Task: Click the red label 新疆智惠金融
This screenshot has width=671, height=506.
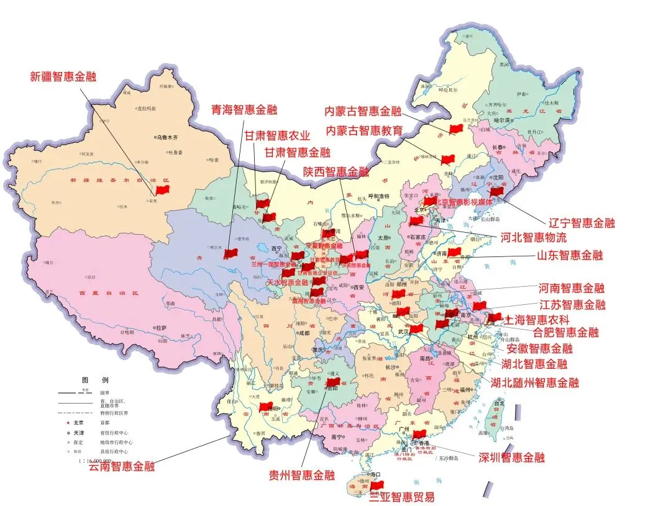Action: (63, 77)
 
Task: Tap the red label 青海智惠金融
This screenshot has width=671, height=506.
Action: (244, 111)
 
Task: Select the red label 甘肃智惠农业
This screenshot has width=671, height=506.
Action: (276, 135)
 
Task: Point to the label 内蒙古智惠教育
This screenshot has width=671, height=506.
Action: (365, 130)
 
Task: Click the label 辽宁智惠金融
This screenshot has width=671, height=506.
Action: (582, 223)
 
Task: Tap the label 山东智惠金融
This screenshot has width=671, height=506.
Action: (570, 255)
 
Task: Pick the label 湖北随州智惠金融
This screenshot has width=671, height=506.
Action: (534, 382)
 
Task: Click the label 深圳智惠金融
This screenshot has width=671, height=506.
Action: (511, 458)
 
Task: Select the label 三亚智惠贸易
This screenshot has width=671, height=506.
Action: (401, 497)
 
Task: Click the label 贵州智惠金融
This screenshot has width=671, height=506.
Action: (301, 476)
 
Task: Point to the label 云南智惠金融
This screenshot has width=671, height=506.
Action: (122, 466)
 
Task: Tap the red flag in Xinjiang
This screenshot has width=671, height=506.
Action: (163, 190)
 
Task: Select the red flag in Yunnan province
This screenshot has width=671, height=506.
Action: (266, 407)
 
